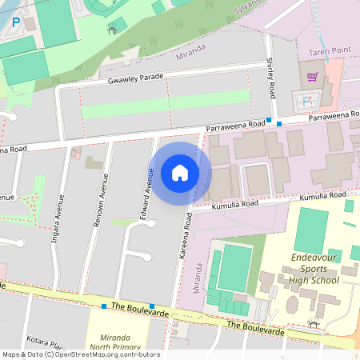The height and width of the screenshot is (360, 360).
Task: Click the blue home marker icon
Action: (x=180, y=172)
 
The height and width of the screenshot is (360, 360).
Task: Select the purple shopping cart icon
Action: (x=312, y=77)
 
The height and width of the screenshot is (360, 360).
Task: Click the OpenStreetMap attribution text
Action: (x=80, y=354)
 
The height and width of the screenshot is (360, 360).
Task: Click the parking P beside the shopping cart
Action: (x=307, y=101)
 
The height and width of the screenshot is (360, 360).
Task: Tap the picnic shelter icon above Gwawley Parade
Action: (x=111, y=30)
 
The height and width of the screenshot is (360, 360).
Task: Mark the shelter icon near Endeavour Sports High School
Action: (x=314, y=324)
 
